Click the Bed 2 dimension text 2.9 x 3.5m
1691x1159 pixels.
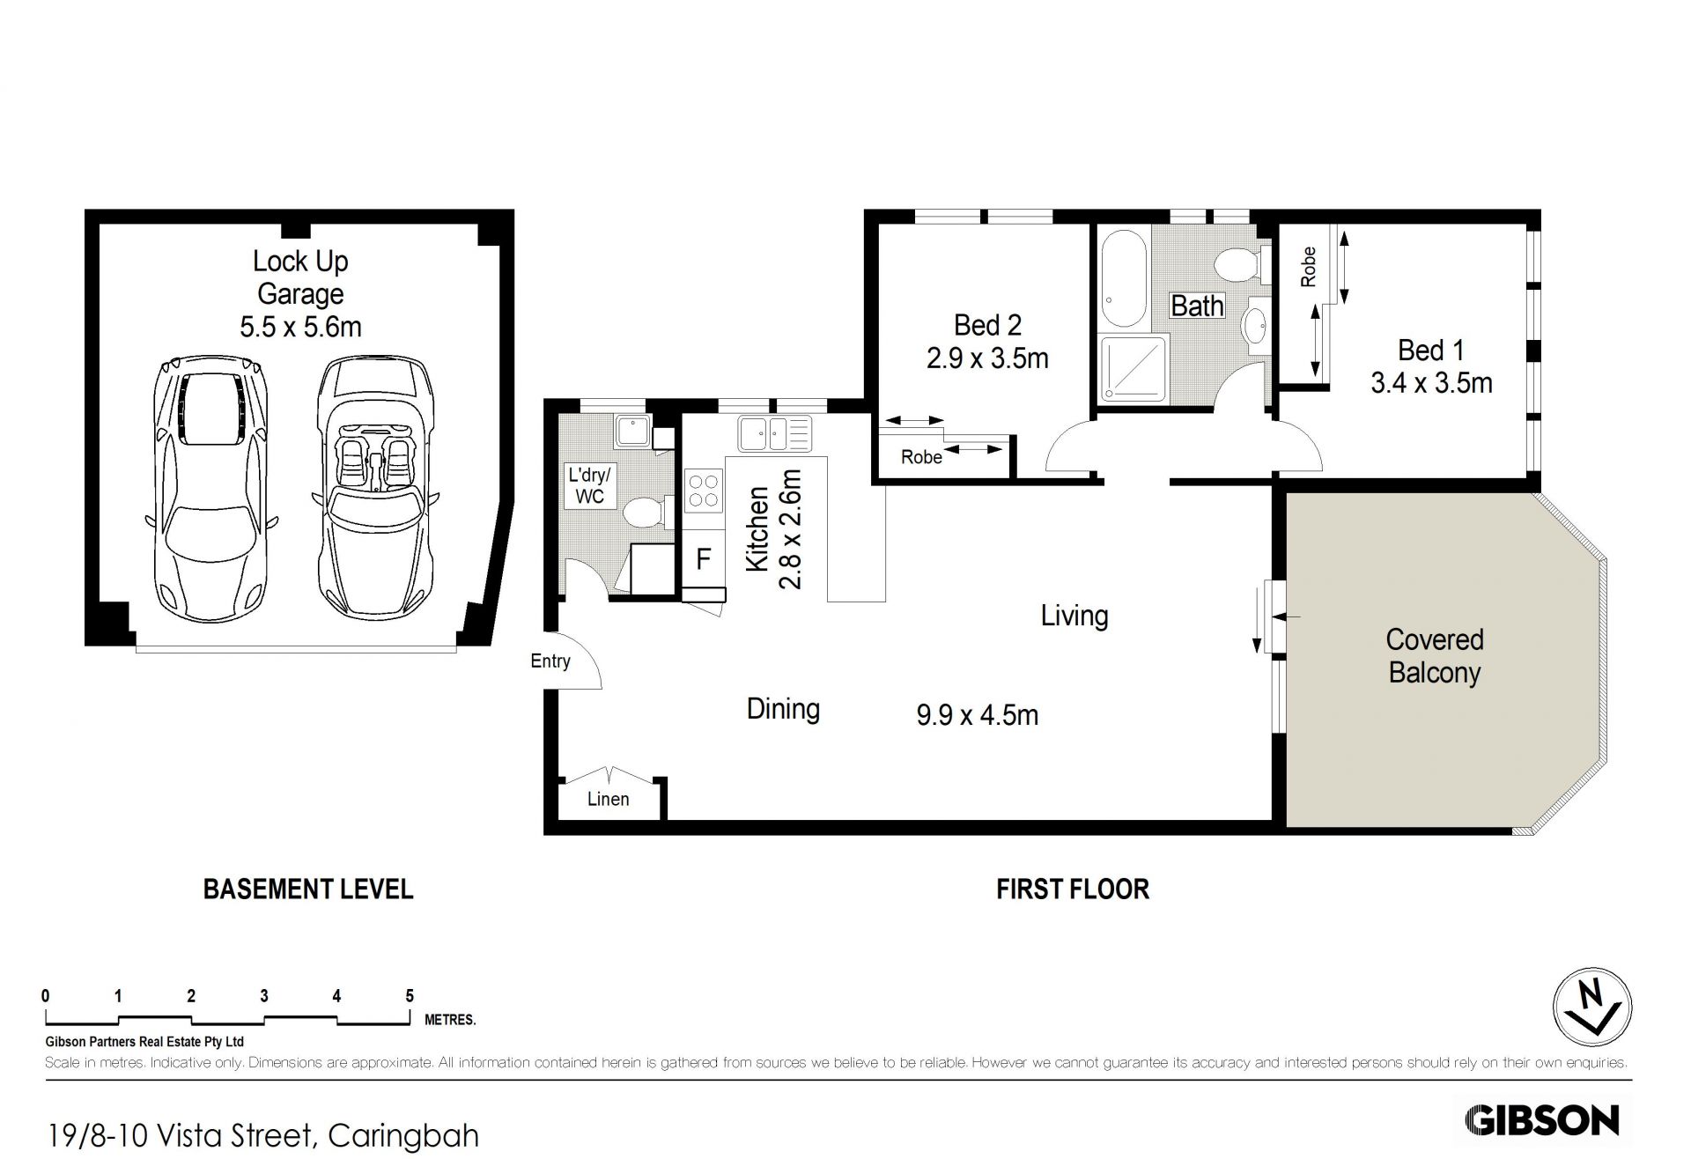[x=987, y=358]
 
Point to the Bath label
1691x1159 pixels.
[x=1197, y=306]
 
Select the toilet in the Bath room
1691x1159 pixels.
[x=1242, y=263]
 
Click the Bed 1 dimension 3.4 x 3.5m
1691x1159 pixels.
[x=1431, y=383]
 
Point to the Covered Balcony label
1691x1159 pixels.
[x=1435, y=656]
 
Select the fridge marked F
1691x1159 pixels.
[x=703, y=559]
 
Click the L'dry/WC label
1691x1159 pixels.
[x=589, y=486]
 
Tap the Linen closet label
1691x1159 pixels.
[x=609, y=799]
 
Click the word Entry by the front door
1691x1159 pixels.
[x=550, y=661]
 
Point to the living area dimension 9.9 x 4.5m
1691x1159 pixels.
[x=978, y=715]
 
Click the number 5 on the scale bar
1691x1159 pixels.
[x=410, y=996]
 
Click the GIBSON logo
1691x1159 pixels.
[x=1541, y=1120]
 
